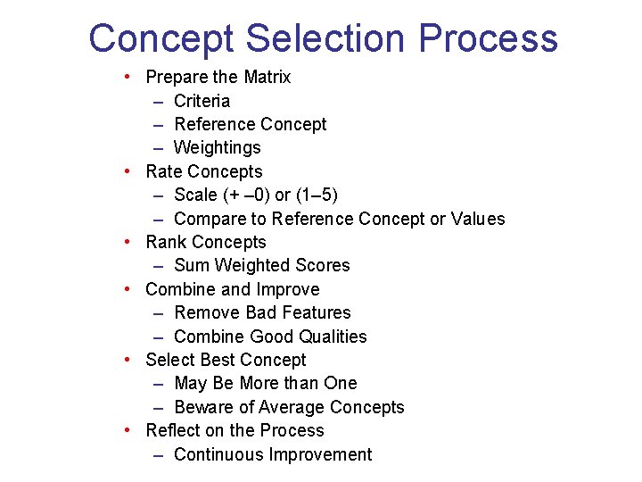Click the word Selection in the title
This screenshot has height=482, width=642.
tap(326, 39)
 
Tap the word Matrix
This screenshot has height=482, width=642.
tap(267, 78)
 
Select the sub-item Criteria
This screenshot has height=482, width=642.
tap(202, 101)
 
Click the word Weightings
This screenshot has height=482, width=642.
tap(218, 147)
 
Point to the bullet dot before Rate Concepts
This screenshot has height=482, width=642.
tap(129, 170)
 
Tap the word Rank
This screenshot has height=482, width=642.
tap(166, 242)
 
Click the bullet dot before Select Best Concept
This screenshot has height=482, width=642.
tap(129, 359)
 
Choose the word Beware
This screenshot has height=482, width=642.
tap(203, 407)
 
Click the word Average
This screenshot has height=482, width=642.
tap(289, 407)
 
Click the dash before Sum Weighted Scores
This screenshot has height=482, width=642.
tap(158, 266)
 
